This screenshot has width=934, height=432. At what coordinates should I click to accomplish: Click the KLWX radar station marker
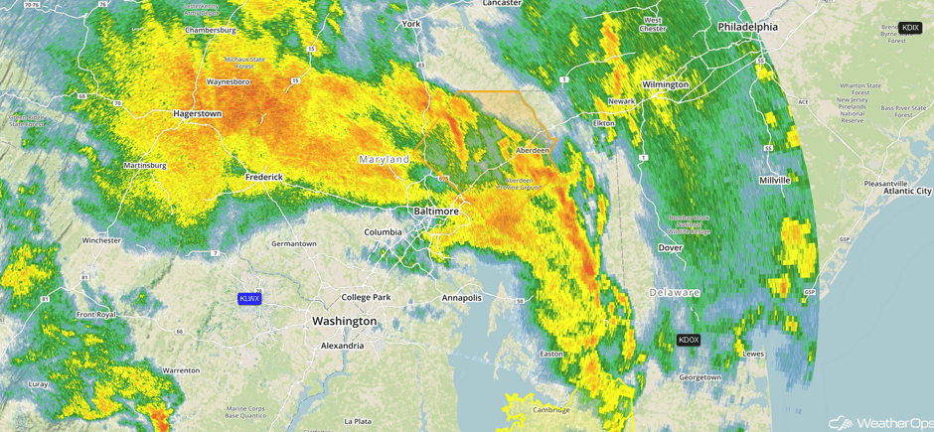tap(249, 298)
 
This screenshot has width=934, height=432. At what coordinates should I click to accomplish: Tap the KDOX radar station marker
tap(689, 340)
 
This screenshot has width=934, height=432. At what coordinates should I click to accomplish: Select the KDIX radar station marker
tap(909, 28)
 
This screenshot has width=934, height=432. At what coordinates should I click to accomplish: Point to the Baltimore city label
tap(436, 212)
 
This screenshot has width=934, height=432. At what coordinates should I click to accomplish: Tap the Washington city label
tap(344, 321)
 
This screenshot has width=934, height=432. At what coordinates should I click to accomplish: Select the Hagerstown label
tap(197, 114)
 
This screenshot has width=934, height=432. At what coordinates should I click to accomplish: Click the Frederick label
tap(264, 177)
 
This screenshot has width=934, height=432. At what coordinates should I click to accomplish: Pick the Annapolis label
tap(461, 297)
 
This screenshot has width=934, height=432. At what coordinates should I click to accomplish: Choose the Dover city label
tap(671, 247)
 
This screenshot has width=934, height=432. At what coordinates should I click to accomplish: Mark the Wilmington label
tap(665, 84)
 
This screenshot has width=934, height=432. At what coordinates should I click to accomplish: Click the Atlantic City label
tap(907, 191)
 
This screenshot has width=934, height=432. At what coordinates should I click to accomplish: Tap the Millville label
tap(774, 180)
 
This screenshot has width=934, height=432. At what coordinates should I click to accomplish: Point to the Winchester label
tap(101, 240)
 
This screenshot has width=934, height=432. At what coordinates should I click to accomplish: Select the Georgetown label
tap(700, 377)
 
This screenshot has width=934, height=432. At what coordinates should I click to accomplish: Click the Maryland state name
tap(384, 159)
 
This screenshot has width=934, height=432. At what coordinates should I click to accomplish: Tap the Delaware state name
tap(675, 293)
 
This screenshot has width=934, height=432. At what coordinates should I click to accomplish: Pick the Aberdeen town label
tap(532, 150)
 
